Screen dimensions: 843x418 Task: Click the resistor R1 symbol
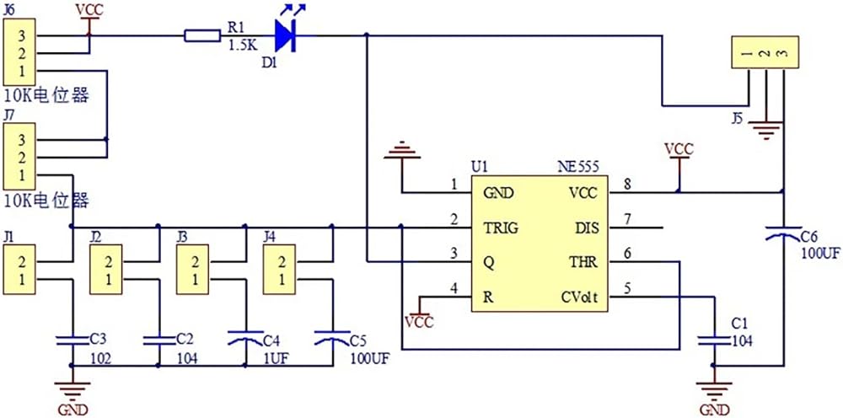click(202, 36)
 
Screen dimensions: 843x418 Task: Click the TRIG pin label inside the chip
click(501, 228)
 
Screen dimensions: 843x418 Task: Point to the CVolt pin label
click(578, 297)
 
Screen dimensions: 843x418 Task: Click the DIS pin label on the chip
click(586, 228)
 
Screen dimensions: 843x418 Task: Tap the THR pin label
click(584, 263)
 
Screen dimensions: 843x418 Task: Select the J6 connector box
click(19, 53)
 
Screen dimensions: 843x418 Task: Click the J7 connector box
click(19, 157)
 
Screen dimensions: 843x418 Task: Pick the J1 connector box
click(19, 270)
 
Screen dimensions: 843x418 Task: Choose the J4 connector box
click(279, 270)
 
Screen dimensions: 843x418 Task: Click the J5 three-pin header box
click(765, 52)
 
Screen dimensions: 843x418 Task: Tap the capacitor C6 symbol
click(783, 233)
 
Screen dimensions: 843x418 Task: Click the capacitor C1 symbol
click(714, 340)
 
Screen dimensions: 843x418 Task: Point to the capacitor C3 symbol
click(72, 340)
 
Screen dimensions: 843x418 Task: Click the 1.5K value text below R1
click(243, 46)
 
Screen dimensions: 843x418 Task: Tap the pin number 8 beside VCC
click(626, 183)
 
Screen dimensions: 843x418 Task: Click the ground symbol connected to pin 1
click(402, 151)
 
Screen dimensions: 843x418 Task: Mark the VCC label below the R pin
click(419, 323)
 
